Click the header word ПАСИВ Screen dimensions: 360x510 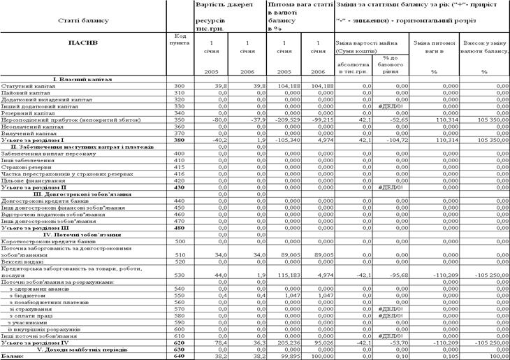pos(82,43)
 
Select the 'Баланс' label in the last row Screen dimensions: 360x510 pos(13,355)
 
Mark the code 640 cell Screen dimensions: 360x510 pos(178,355)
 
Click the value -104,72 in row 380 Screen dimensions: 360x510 pos(395,139)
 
